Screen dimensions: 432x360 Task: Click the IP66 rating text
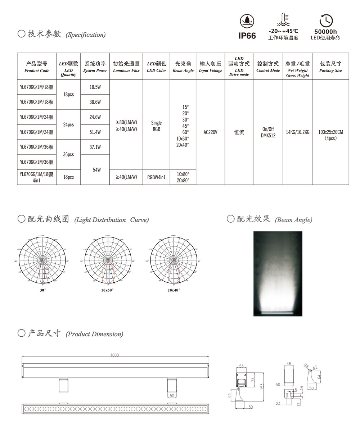click(247, 36)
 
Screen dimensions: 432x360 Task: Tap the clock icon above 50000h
click(326, 20)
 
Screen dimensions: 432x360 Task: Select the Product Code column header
click(37, 67)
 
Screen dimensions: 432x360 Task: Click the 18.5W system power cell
click(95, 87)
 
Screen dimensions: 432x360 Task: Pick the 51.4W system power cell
click(95, 132)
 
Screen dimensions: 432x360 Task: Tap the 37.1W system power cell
click(95, 147)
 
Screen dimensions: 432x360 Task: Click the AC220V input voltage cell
click(210, 132)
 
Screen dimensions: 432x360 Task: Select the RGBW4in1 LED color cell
click(157, 177)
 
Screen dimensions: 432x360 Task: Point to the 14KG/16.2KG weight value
click(298, 132)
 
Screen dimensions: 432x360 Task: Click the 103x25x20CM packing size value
click(330, 132)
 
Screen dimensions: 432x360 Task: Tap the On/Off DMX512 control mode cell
click(268, 132)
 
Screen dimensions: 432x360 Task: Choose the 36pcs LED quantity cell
click(68, 155)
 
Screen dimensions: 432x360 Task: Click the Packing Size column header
click(330, 67)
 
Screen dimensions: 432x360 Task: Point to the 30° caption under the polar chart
click(42, 290)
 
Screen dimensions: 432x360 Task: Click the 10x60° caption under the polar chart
click(107, 290)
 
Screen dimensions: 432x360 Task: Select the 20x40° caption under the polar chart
click(173, 290)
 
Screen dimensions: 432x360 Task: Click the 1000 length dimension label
click(114, 355)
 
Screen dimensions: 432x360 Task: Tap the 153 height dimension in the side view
click(262, 386)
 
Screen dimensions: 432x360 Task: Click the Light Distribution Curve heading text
click(112, 220)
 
